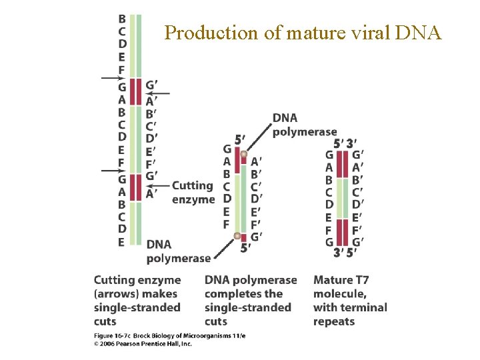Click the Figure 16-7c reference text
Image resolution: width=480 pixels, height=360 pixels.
click(116, 337)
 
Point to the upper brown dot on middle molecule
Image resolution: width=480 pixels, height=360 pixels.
click(244, 155)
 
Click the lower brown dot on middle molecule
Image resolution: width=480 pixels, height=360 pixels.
click(237, 235)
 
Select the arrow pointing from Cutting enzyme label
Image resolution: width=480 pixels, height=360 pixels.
click(159, 185)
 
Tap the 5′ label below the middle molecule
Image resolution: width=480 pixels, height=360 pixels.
click(245, 248)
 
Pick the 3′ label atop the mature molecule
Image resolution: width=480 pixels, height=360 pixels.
click(351, 143)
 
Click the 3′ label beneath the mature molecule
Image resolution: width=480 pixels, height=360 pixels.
click(338, 253)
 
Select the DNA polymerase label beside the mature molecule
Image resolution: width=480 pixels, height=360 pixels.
click(303, 125)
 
